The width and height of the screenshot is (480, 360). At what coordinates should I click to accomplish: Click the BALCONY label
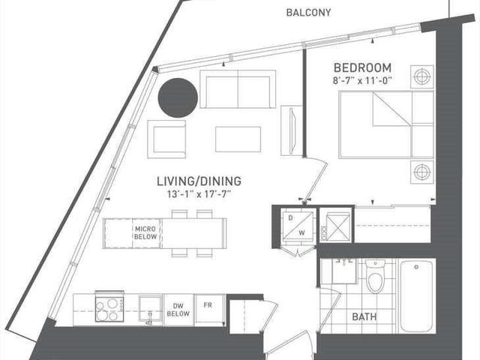pos(308,13)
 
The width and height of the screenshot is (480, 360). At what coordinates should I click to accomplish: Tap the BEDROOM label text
pos(362,67)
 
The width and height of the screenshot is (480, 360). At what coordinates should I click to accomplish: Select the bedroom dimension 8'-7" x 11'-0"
pos(362,81)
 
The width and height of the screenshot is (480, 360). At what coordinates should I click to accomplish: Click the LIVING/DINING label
pos(199,181)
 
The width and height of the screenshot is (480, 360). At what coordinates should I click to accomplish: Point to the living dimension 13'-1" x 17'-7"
pos(199,194)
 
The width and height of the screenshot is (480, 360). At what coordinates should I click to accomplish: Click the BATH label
pos(364,316)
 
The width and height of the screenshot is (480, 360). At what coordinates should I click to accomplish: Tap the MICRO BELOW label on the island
pos(145,232)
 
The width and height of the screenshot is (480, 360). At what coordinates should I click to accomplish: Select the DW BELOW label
pos(178,310)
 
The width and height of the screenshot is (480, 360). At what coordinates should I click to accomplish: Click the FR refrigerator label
pos(208,305)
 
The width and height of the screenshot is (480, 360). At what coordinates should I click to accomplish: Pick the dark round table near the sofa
pos(178,97)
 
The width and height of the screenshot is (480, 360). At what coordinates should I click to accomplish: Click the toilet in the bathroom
pos(375,276)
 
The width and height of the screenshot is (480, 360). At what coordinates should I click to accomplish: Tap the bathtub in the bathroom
pos(416,296)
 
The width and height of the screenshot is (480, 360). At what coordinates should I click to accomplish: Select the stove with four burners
pos(109,307)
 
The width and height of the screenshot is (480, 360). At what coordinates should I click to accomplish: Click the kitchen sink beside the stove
pos(150,308)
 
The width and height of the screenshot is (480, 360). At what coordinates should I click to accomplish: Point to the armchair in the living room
pos(166,139)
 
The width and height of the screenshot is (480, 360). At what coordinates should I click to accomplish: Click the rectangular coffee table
pos(238,139)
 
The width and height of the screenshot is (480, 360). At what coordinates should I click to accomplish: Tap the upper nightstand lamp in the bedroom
pos(421,76)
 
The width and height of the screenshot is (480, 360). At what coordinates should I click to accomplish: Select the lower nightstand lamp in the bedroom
pos(421,172)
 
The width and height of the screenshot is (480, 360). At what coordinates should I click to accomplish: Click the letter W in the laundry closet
pos(301,232)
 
